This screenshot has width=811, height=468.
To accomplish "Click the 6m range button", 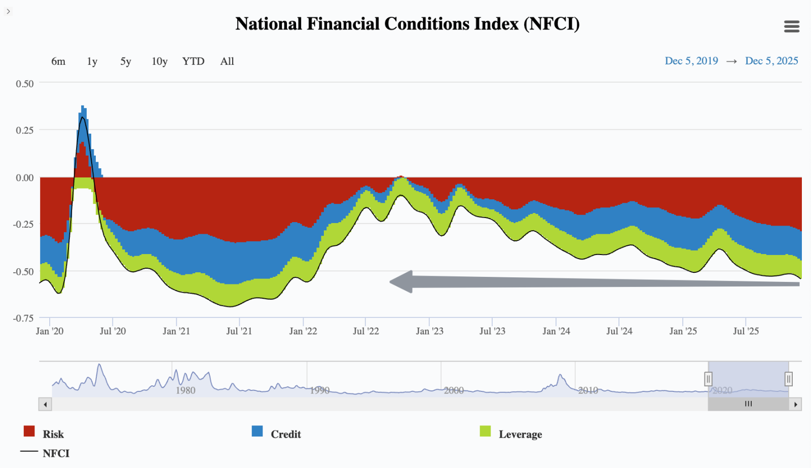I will tap(58, 61).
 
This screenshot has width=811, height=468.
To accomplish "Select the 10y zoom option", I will tap(159, 61).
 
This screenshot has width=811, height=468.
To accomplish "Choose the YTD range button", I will tap(193, 61).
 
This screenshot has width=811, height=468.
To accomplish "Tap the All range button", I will tap(227, 61).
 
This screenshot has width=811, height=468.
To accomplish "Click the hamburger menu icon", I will tap(791, 26).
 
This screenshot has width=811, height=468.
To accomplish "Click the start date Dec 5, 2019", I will tap(691, 61).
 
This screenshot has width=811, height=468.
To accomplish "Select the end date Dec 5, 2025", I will tap(771, 61).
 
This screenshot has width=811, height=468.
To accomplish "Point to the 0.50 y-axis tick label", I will tap(25, 84).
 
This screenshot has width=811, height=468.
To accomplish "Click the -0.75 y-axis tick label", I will tap(23, 318).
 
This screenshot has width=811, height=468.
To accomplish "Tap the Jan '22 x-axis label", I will tap(303, 331).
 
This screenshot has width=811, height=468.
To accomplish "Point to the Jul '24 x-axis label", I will tap(619, 331).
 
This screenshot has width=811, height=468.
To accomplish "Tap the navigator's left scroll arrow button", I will tap(46, 404).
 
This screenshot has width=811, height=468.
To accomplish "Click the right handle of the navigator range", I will tap(788, 379).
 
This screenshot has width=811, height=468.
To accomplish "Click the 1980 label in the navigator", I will tap(186, 390).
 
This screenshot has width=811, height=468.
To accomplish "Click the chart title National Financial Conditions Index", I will tap(407, 24).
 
